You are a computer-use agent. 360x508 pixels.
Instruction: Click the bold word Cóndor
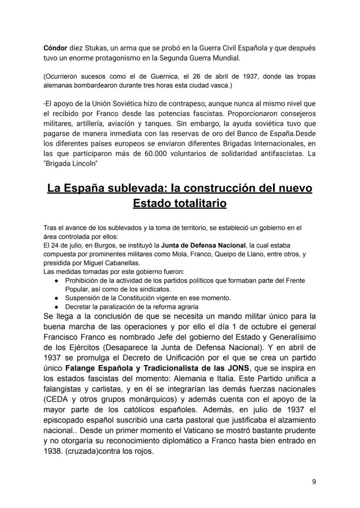pos(55,48)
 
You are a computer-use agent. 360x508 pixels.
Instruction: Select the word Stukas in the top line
pos(93,48)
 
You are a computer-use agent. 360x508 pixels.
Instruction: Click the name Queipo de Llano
pos(237,254)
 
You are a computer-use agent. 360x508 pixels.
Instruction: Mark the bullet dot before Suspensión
pos(57,298)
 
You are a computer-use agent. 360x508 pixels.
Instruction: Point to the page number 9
pos(314,481)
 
